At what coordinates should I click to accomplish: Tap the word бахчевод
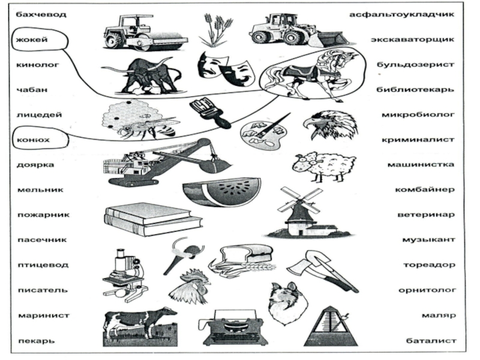coord(41,13)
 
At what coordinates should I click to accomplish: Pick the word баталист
coord(430,340)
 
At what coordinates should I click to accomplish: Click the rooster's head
coord(189,287)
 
